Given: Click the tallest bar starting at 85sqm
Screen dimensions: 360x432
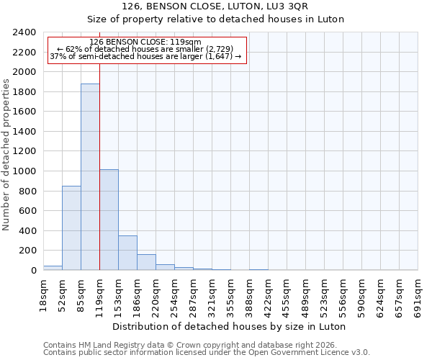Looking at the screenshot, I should [90, 177].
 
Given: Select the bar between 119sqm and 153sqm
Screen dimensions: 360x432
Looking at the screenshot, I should [109, 220].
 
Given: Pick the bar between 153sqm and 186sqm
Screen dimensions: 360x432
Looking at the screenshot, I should [127, 253].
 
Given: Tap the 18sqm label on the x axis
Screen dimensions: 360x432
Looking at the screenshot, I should [43, 292].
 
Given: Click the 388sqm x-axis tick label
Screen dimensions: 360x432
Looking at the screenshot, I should [249, 294].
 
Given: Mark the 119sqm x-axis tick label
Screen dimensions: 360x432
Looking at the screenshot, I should [99, 294].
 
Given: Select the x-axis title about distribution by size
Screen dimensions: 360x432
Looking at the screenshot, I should [230, 326].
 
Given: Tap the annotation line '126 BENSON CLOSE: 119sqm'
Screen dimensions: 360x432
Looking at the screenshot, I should [146, 42].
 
